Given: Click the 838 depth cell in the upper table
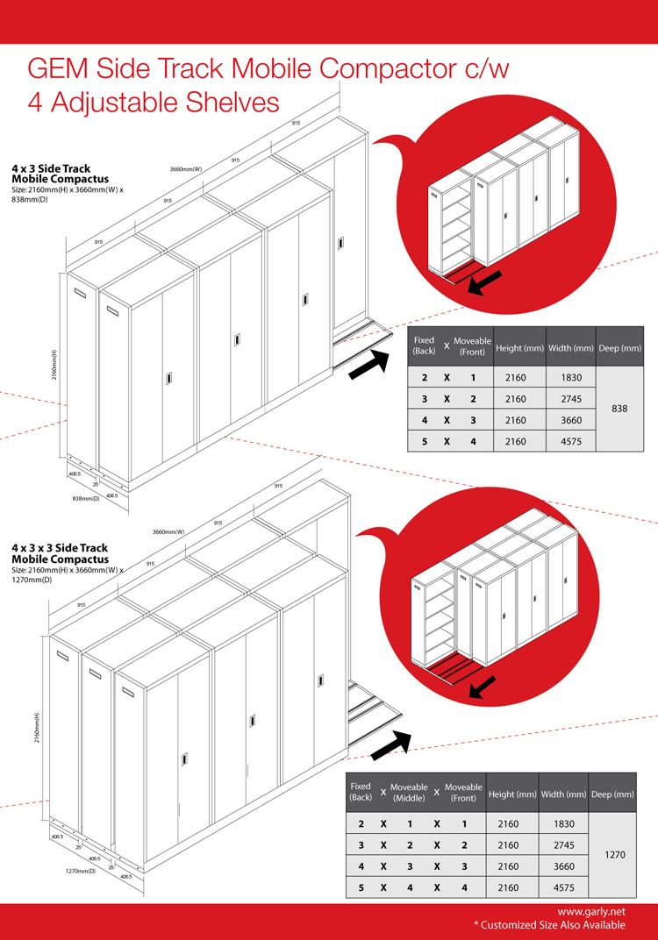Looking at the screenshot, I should click(x=619, y=409).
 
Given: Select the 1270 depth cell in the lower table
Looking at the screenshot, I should click(x=615, y=855).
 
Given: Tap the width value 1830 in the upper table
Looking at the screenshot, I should click(x=569, y=377).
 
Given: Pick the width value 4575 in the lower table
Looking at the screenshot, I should click(x=564, y=887).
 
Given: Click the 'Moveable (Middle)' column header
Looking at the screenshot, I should click(x=409, y=793).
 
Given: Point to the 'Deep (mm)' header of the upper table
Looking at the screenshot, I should click(x=619, y=348).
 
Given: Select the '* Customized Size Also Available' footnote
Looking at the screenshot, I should click(x=549, y=925).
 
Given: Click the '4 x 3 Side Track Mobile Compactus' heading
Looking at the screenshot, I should click(x=51, y=173).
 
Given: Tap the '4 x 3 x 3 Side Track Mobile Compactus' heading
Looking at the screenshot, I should click(x=61, y=552).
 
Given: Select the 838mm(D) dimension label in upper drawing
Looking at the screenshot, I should click(x=86, y=498).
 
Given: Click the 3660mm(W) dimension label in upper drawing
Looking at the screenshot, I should click(x=185, y=168).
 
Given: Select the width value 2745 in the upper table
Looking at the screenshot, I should click(x=569, y=398).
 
